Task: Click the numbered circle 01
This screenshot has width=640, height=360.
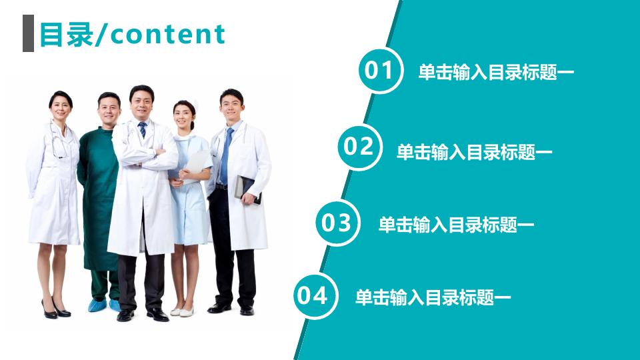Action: point(380,71)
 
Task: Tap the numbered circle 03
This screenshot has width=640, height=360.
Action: point(337,223)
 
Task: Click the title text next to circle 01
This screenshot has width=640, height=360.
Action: point(496,73)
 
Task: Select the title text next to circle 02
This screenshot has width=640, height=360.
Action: point(474,153)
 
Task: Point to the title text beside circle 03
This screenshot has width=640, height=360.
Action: point(456,225)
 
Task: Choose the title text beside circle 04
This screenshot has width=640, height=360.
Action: point(433,297)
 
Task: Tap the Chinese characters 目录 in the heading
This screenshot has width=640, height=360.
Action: point(65,34)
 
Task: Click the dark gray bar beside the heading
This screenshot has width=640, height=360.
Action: point(28,33)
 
